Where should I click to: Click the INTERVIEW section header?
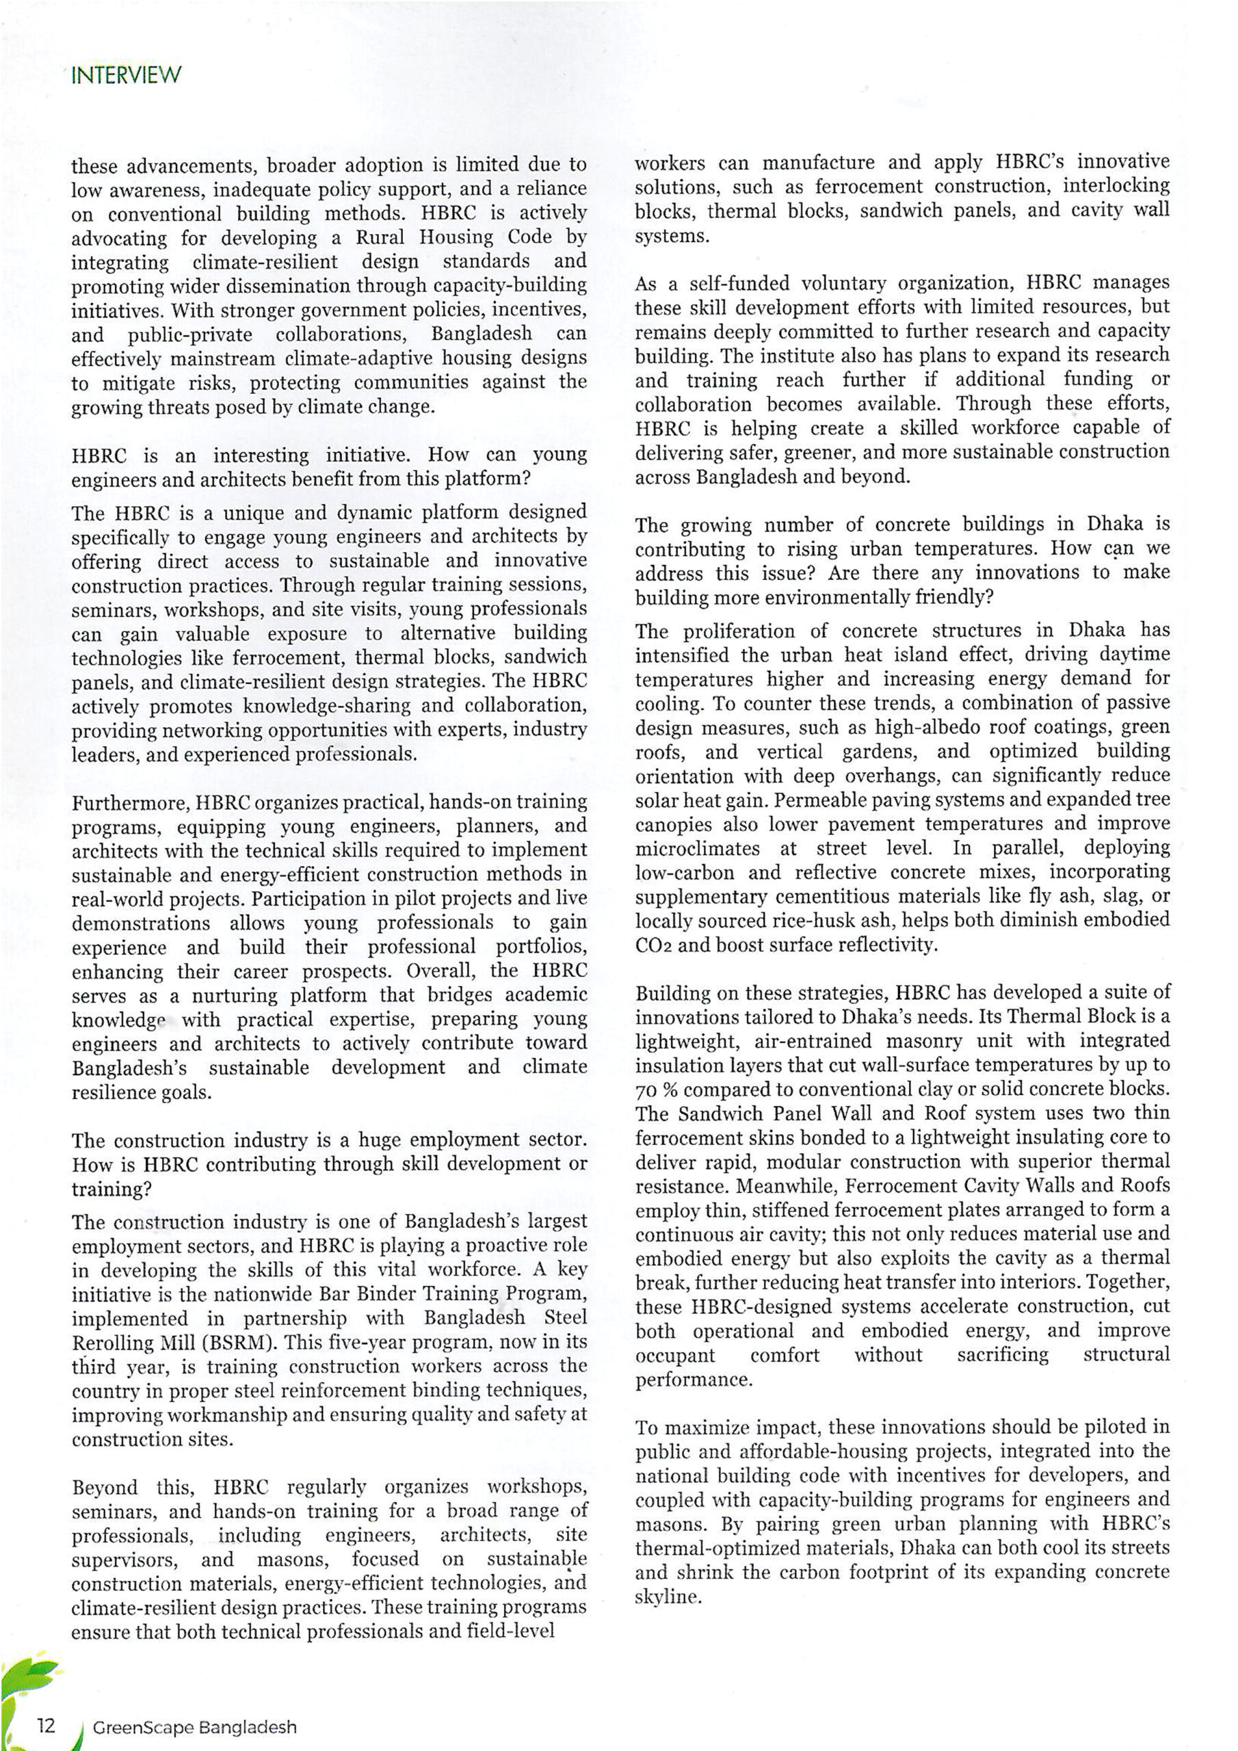[x=126, y=75]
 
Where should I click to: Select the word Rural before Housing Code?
[x=379, y=237]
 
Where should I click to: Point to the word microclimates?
[x=697, y=848]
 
